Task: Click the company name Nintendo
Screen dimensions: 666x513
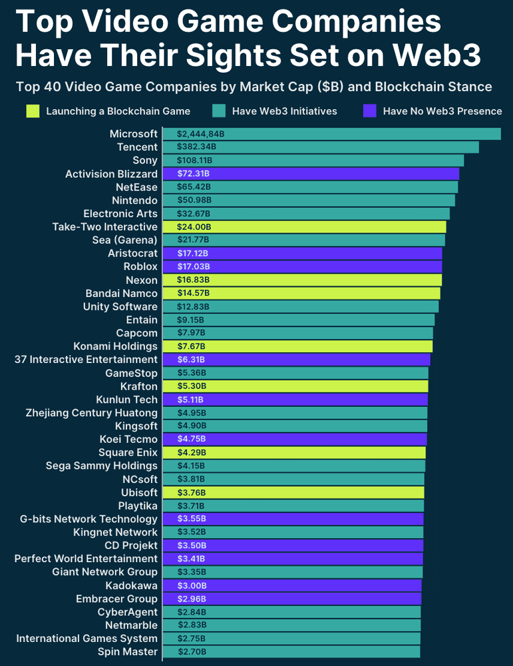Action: [135, 200]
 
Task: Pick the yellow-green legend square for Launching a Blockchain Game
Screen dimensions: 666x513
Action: [32, 111]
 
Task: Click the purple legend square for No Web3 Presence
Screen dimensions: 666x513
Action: [369, 111]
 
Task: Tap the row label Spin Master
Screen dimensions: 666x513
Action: [128, 652]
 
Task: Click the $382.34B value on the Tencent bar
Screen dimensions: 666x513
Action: [196, 147]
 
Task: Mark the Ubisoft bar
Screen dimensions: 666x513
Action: [293, 493]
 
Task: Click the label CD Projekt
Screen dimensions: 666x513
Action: [131, 545]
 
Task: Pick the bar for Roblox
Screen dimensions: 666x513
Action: [302, 267]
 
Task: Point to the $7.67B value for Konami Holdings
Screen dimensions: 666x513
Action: [192, 346]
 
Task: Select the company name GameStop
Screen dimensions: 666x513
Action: [132, 373]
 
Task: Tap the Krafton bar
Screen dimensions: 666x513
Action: [295, 386]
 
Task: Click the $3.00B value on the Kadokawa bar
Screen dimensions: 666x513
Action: [192, 585]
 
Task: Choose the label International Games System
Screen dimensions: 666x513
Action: [87, 639]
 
